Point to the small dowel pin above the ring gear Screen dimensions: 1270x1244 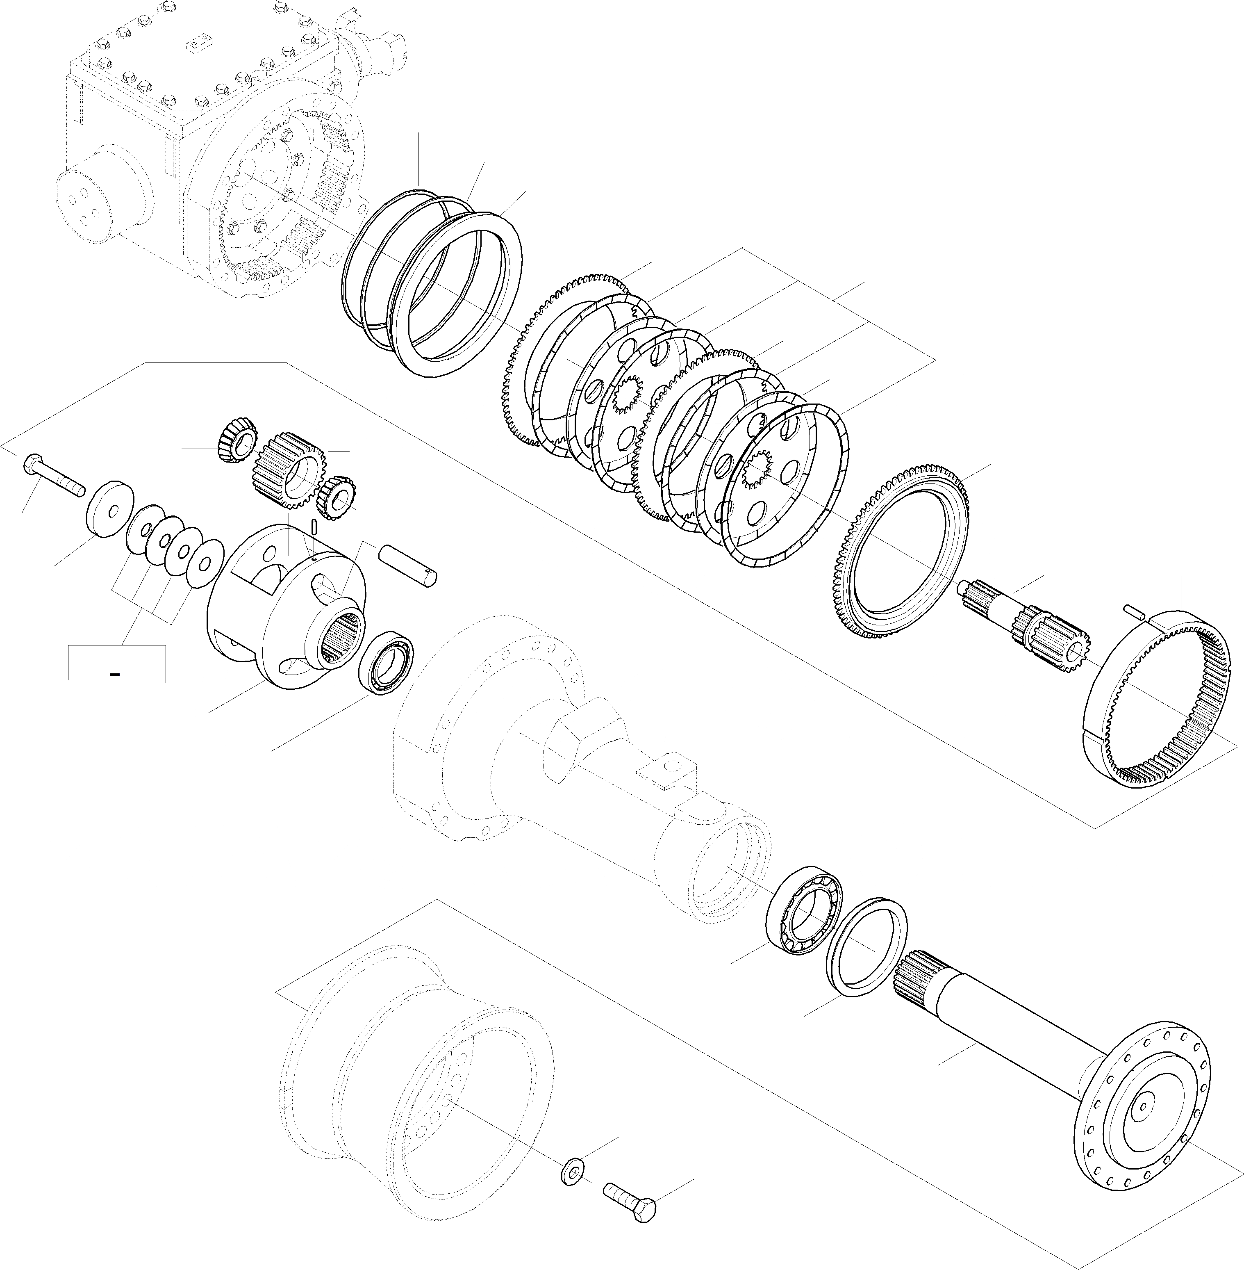[x=1135, y=611]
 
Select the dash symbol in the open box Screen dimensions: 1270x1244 [x=115, y=674]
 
